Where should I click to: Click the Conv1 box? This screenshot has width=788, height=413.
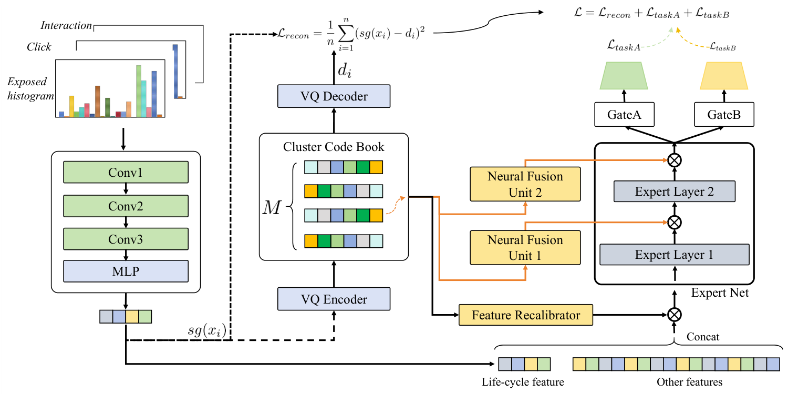pyautogui.click(x=126, y=172)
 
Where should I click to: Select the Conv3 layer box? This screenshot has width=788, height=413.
pyautogui.click(x=126, y=239)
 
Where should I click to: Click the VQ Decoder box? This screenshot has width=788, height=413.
pyautogui.click(x=334, y=96)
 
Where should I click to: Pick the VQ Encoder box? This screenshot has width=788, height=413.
pyautogui.click(x=334, y=299)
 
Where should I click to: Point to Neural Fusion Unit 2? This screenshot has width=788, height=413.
pyautogui.click(x=525, y=184)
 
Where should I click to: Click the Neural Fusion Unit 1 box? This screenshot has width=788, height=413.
pyautogui.click(x=525, y=248)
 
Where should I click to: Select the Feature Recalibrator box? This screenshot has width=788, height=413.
pyautogui.click(x=526, y=315)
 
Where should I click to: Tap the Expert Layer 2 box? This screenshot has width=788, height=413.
pyautogui.click(x=675, y=192)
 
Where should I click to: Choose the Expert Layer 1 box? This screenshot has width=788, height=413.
pyautogui.click(x=675, y=255)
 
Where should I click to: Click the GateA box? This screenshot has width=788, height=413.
pyautogui.click(x=625, y=114)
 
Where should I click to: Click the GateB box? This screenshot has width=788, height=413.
pyautogui.click(x=724, y=114)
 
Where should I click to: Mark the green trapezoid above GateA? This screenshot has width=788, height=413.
pyautogui.click(x=624, y=75)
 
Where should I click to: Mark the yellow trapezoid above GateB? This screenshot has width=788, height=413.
pyautogui.click(x=725, y=75)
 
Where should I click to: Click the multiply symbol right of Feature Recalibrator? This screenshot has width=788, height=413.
pyautogui.click(x=674, y=315)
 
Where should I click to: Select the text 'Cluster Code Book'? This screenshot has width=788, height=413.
pyautogui.click(x=334, y=147)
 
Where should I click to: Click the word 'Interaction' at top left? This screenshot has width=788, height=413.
pyautogui.click(x=67, y=26)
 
